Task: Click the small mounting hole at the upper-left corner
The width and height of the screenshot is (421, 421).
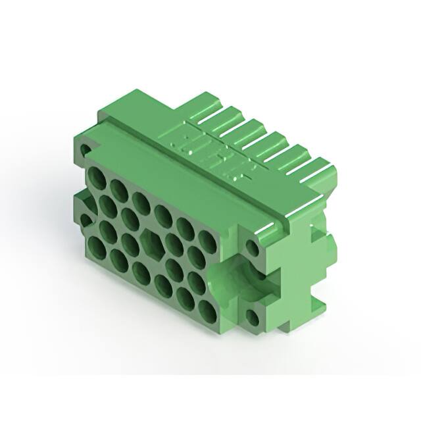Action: click(x=86, y=152)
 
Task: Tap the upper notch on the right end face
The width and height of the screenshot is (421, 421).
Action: click(x=321, y=230)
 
